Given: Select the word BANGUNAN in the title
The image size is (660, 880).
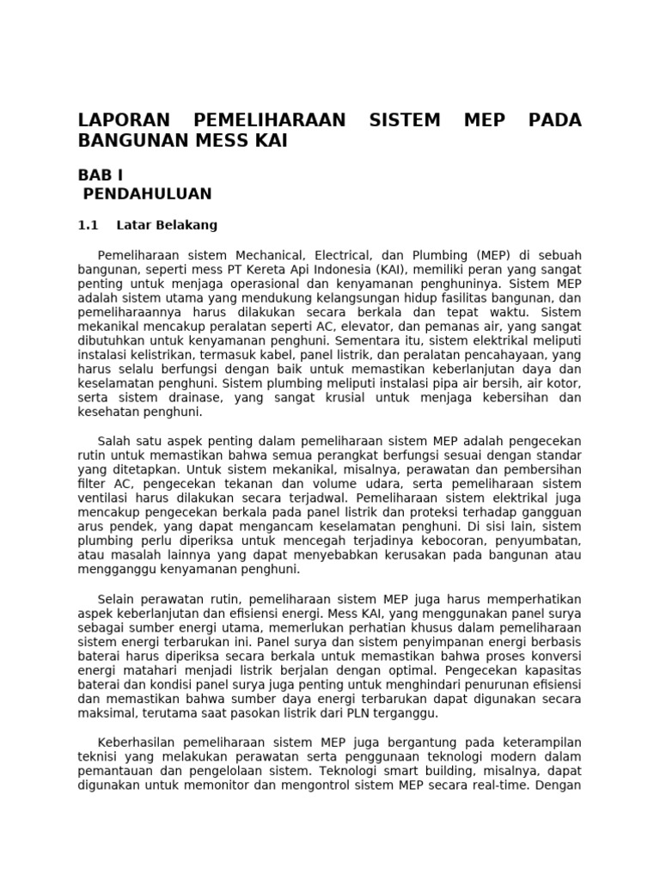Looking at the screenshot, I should pos(132,140).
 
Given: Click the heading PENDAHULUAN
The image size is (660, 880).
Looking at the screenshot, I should pos(147,194).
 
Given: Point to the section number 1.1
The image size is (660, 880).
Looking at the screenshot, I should pos(89,226).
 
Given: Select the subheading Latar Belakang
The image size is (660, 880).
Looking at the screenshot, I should pos(167,226).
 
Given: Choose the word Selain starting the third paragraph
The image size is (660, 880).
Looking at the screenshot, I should pos(119,599).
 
